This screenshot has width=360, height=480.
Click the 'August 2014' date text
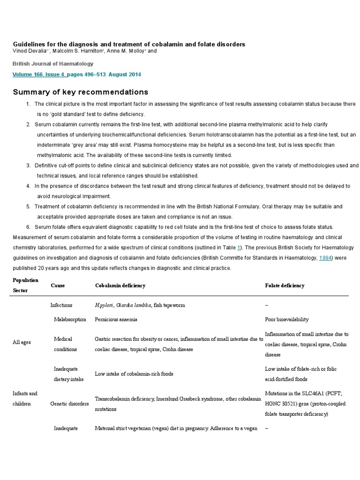coord(124,75)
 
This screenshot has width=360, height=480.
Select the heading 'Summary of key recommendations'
coord(80,92)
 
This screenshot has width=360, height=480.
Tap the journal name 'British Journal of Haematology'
coord(53,64)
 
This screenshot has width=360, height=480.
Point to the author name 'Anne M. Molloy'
coord(124,51)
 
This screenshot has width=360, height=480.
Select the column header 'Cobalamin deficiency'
coord(120,285)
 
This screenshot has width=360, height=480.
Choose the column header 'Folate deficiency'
coord(285,285)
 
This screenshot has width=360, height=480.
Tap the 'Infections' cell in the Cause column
coord(61,305)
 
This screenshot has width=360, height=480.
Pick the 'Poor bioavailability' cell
coord(287,320)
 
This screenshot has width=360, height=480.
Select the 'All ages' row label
coord(22,342)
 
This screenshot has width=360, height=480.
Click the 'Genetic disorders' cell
coord(69,404)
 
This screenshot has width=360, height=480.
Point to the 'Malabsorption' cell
coord(70,320)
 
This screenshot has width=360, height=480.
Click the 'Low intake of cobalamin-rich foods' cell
coord(134,374)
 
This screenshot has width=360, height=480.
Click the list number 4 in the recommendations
coord(29,186)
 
